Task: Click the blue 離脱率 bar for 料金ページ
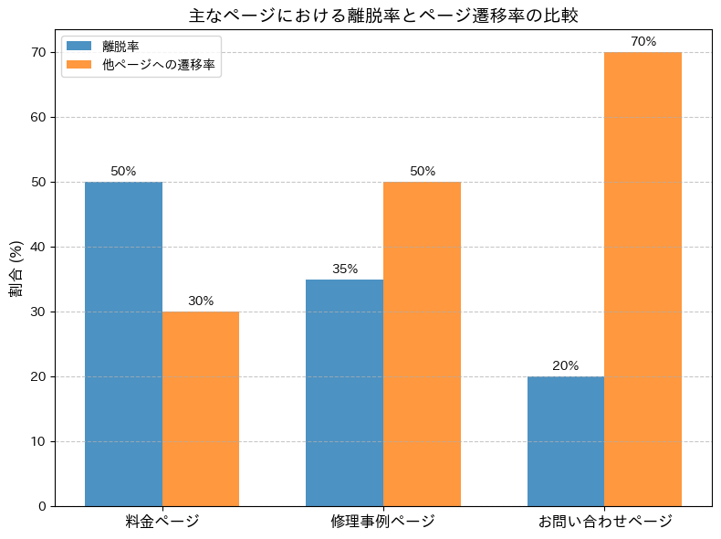[123, 343]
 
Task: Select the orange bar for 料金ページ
[201, 408]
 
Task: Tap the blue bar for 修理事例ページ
[344, 392]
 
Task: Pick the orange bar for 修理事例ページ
[422, 343]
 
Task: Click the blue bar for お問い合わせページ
[566, 440]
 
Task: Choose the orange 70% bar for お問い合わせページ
[643, 279]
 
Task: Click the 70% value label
[643, 41]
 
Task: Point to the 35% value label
[345, 269]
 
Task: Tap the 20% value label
[566, 365]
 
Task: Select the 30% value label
[201, 301]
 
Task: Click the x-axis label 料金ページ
[162, 522]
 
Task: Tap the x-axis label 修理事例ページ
[383, 522]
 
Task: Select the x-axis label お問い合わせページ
[604, 522]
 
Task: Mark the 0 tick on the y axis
[42, 506]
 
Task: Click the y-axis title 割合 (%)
[16, 269]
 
